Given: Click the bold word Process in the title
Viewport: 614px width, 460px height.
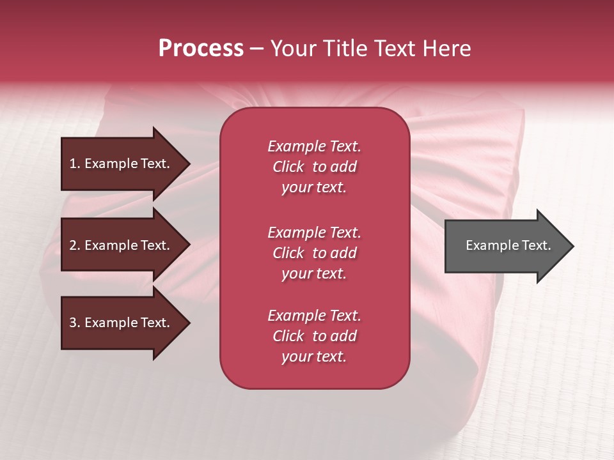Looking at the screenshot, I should (x=201, y=49).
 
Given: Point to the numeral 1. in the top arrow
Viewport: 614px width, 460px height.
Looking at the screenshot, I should (x=75, y=164).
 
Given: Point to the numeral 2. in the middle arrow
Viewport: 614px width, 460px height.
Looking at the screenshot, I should (x=75, y=245).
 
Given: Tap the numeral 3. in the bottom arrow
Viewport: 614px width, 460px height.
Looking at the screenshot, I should (x=75, y=323).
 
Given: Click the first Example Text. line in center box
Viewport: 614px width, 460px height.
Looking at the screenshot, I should (x=314, y=146).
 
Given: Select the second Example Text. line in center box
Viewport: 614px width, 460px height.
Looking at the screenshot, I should (x=314, y=233).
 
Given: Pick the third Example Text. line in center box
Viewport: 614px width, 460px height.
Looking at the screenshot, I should (x=314, y=316).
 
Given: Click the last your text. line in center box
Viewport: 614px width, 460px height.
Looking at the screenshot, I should (x=314, y=356).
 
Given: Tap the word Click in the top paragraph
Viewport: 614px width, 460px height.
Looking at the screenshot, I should (x=288, y=167).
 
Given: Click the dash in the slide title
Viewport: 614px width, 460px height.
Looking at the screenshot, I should (x=257, y=49).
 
